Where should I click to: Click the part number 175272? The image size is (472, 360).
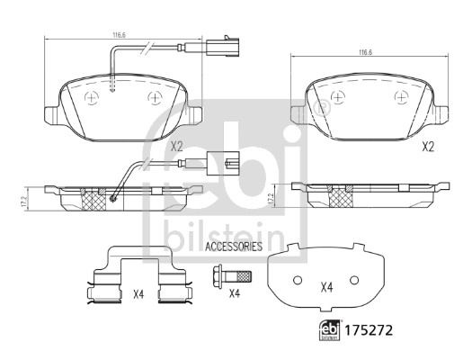(x=369, y=330)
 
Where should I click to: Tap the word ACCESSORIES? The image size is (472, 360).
(x=234, y=247)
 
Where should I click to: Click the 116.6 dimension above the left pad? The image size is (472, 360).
(x=120, y=35)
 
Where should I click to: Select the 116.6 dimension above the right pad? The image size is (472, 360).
(x=366, y=52)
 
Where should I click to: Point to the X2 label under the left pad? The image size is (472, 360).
(x=177, y=147)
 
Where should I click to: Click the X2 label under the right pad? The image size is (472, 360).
(x=428, y=147)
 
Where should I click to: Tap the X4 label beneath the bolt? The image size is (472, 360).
(x=235, y=293)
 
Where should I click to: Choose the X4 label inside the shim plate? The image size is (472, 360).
(x=326, y=287)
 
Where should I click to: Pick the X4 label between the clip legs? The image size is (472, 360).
(x=138, y=294)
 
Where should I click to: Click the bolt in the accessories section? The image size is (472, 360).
(x=231, y=275)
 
